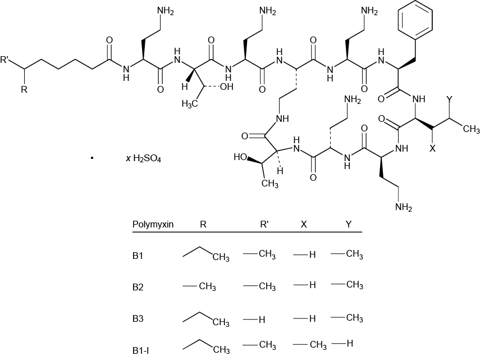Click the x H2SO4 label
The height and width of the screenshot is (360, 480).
(x=144, y=159)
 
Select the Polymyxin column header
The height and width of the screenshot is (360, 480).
(x=153, y=224)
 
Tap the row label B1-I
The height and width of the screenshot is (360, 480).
(x=140, y=350)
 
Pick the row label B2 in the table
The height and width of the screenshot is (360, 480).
(x=138, y=287)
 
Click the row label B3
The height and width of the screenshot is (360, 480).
(x=138, y=319)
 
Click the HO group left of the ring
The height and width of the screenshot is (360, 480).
(x=241, y=157)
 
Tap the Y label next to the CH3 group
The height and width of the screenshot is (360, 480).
(x=449, y=99)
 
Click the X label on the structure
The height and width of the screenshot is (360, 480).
(x=433, y=149)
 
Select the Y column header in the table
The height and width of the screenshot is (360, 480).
(x=348, y=224)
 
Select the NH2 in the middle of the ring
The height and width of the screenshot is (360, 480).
(x=353, y=101)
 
